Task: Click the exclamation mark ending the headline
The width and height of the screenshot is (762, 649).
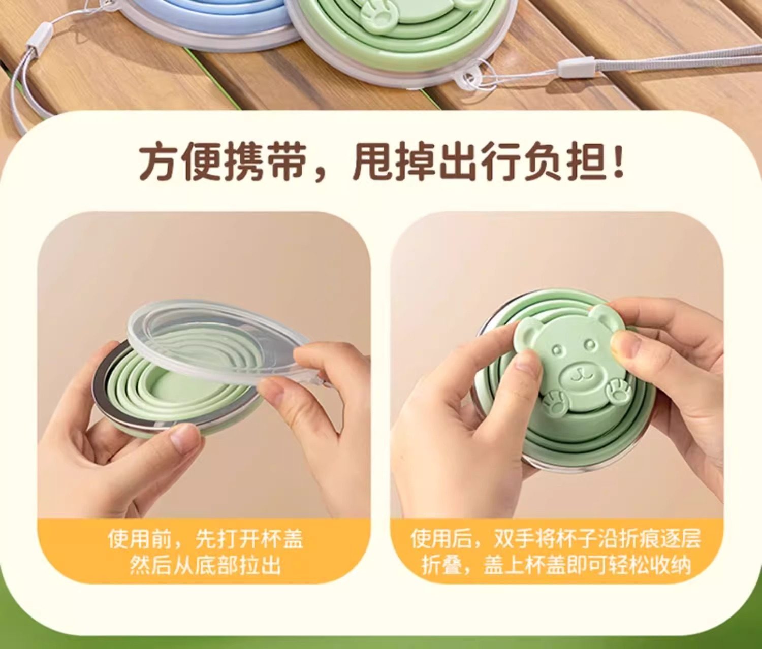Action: click(x=618, y=161)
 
